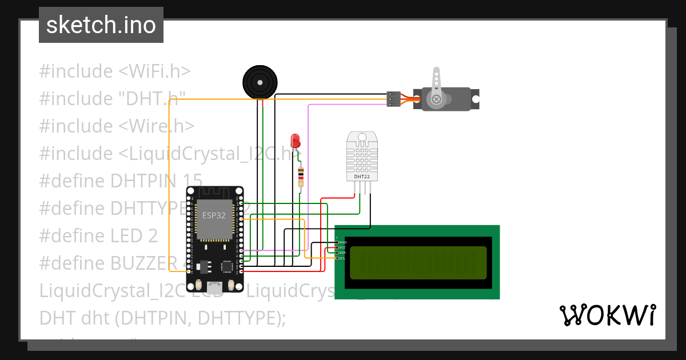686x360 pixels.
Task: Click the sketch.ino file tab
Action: [x=101, y=25]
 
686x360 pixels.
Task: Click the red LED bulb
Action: [x=295, y=140]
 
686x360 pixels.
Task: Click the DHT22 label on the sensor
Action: [x=361, y=177]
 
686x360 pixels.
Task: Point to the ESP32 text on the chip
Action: [x=213, y=215]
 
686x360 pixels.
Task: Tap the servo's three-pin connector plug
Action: [x=393, y=99]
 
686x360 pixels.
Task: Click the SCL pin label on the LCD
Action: [x=342, y=258]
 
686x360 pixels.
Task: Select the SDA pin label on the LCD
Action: [x=342, y=253]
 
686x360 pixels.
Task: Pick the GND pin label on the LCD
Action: [x=342, y=242]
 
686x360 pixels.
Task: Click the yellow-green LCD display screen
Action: [x=418, y=263]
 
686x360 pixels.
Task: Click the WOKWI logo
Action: [x=607, y=315]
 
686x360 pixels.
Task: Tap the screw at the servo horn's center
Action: [x=437, y=99]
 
